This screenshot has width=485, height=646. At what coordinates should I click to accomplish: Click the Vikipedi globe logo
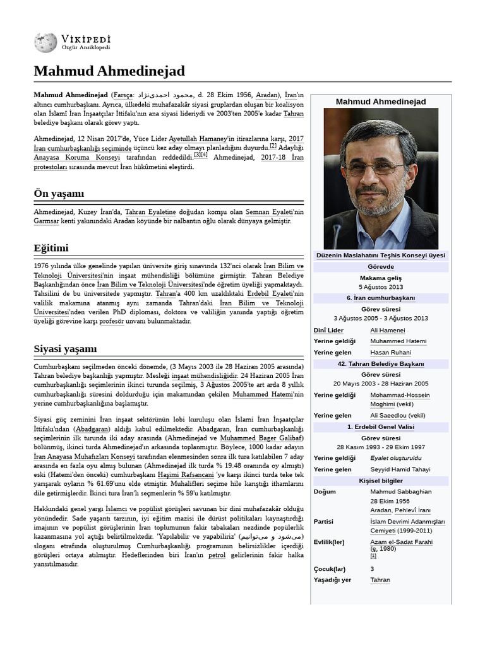pos(45,42)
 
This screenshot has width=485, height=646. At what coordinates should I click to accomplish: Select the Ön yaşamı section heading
pos(59,193)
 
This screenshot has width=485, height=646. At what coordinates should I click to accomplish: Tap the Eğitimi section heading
pos(51,247)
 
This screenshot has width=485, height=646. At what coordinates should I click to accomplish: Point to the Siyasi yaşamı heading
pos(65,349)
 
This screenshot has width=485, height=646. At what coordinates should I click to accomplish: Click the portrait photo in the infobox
pos(380,178)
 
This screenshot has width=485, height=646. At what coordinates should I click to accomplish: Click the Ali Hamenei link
pos(387,330)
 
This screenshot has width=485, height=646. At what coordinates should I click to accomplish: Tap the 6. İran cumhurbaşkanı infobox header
pos(380,298)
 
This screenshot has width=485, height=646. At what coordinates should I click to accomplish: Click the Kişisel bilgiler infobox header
pos(380,481)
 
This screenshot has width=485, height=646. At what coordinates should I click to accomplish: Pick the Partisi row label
pos(324,522)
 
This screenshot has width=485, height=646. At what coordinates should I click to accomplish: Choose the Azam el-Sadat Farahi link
pos(401,542)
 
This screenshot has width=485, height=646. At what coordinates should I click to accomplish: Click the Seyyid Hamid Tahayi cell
pos(400,469)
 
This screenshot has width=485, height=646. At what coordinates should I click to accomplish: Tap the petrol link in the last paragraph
pos(217,555)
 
